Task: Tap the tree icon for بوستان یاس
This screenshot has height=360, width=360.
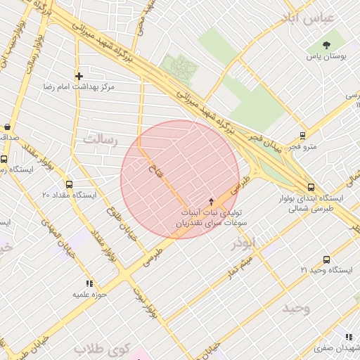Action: [x=326, y=44]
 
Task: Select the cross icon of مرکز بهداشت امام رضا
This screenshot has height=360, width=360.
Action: [x=79, y=75]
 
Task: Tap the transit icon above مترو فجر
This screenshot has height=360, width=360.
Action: [x=302, y=135]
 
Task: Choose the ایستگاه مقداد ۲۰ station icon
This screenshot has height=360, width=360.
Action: [x=69, y=184]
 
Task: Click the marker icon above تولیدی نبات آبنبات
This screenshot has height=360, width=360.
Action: [x=211, y=201]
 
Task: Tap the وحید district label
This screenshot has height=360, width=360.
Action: [x=296, y=308]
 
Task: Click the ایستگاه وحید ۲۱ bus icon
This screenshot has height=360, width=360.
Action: [x=326, y=259]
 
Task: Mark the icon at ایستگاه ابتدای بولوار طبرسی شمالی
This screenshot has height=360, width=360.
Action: [x=311, y=187]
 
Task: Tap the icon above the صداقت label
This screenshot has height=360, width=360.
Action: [x=7, y=127]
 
